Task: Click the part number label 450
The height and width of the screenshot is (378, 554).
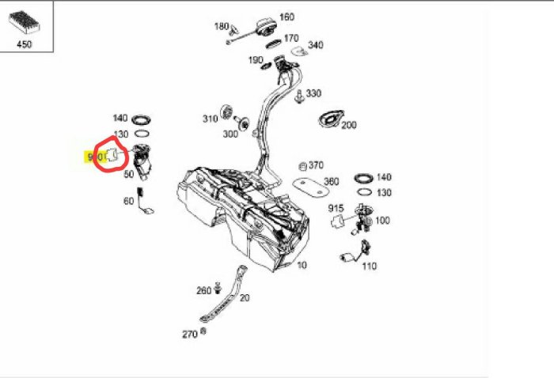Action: pos(25,44)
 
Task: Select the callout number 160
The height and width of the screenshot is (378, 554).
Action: pos(286,17)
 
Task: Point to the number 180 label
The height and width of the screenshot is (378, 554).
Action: pos(222,26)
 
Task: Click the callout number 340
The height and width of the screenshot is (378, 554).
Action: pos(316,45)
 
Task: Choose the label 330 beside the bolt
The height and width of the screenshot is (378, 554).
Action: pos(313,93)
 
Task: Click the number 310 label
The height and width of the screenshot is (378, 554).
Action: pos(210,119)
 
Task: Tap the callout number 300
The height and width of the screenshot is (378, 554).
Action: pos(230,134)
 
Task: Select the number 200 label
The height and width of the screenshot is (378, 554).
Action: pos(349,125)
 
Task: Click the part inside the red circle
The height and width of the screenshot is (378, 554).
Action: pos(112,154)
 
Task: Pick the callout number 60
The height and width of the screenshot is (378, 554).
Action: pos(128,201)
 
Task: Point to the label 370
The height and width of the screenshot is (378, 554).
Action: pos(316,165)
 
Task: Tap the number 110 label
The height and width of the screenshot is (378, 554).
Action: pos(370,266)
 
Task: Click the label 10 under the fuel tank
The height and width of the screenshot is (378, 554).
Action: pos(302,266)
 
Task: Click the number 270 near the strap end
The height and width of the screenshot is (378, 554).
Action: pos(190,335)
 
